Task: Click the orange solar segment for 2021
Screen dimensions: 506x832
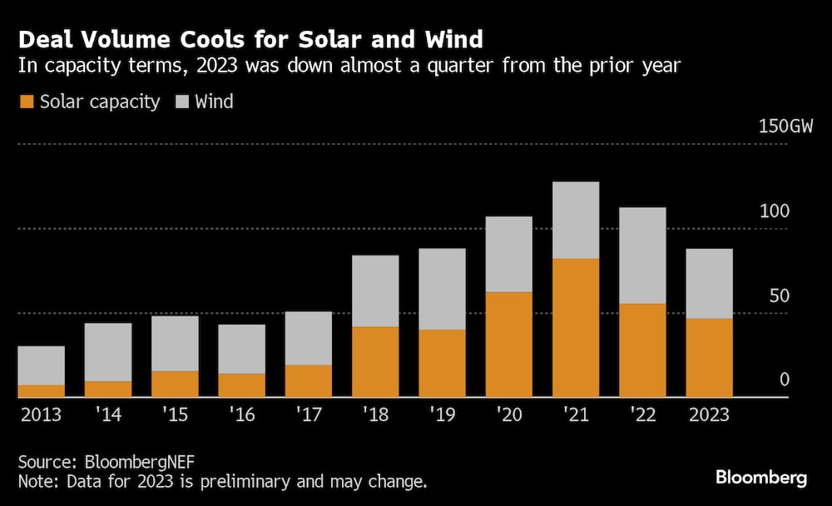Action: (x=575, y=328)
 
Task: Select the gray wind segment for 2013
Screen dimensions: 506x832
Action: (x=41, y=365)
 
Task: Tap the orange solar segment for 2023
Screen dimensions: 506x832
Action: (x=709, y=358)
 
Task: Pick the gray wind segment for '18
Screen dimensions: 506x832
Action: (x=374, y=291)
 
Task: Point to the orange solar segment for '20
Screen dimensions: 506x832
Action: (x=508, y=345)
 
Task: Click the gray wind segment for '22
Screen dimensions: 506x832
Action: (x=642, y=255)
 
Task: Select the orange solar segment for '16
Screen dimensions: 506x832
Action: (x=241, y=385)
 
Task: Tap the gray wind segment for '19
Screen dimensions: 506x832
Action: (x=442, y=289)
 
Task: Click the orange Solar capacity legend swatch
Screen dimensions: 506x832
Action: (x=27, y=102)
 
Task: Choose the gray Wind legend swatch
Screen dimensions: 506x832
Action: (x=181, y=102)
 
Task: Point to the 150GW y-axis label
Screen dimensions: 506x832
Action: (x=785, y=127)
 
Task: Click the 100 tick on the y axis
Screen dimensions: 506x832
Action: (x=773, y=211)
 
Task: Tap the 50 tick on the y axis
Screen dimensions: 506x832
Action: (x=778, y=296)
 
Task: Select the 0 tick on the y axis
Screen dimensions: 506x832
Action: (x=784, y=380)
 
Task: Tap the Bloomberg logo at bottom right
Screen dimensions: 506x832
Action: (x=761, y=478)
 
